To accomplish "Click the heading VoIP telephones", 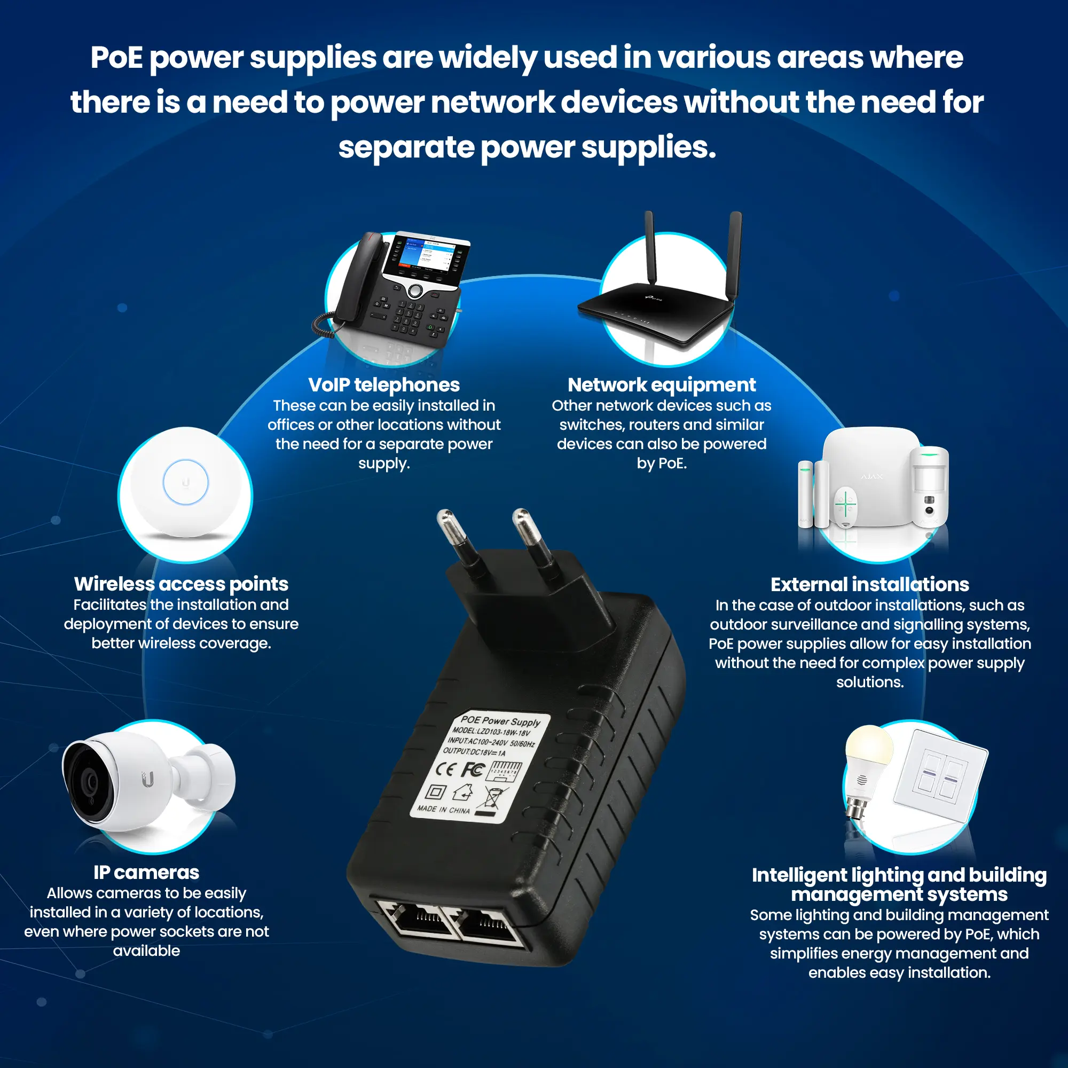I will (x=383, y=384).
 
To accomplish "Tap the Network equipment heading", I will (x=661, y=384).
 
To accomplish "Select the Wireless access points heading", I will (x=181, y=584).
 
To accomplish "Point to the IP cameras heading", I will (x=146, y=873).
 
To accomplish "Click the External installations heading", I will (x=869, y=584).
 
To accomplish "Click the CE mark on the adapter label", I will (x=444, y=769).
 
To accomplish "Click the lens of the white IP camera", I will (x=89, y=783).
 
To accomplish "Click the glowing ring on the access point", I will (x=186, y=482).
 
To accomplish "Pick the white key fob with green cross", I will (x=845, y=505).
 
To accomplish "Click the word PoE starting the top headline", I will (x=116, y=58).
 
